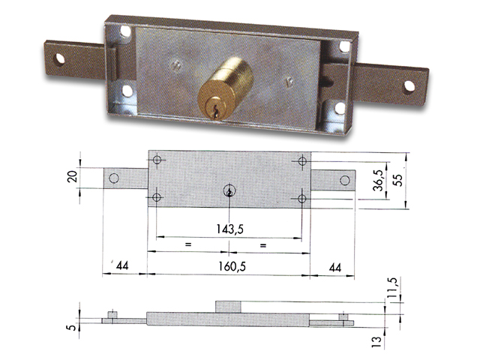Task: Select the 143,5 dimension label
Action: tap(229, 229)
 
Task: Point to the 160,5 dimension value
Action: tap(229, 265)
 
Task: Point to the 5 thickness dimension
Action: tap(71, 326)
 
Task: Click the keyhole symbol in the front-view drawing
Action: tap(228, 193)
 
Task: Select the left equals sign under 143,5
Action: tap(188, 245)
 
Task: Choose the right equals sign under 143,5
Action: tap(263, 245)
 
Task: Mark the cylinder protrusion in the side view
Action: tap(229, 306)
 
